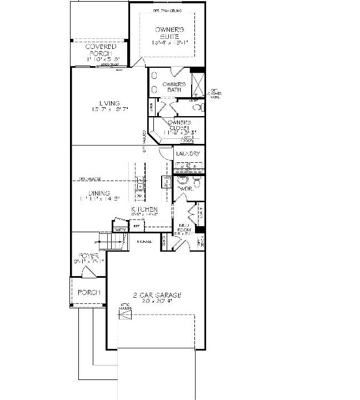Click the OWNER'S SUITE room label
tap(167, 34)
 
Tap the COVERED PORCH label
tap(101, 50)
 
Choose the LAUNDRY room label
tap(188, 153)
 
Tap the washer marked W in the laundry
tap(181, 166)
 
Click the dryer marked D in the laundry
tap(195, 166)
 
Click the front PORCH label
tap(88, 292)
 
